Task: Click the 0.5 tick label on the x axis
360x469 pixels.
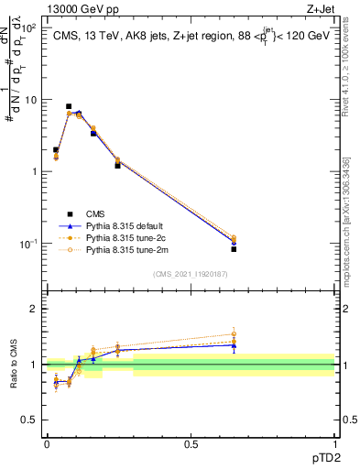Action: point(191,443)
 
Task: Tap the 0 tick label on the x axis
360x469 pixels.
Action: point(47,443)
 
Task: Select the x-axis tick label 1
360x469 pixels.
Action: point(334,443)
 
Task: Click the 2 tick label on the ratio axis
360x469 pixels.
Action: point(34,309)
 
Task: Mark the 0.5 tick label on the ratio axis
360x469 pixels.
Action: point(30,420)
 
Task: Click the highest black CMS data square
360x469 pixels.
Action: point(69,106)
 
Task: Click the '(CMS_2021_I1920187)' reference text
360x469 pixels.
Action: point(191,273)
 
